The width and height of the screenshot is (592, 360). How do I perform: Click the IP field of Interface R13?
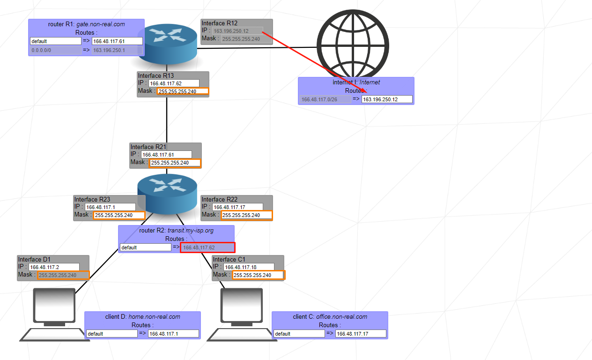pyautogui.click(x=174, y=83)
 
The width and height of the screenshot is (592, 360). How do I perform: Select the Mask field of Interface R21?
pyautogui.click(x=175, y=163)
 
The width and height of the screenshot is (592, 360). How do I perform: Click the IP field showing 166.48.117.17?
pyautogui.click(x=237, y=207)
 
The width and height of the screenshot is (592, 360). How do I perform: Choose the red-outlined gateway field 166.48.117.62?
pyautogui.click(x=207, y=247)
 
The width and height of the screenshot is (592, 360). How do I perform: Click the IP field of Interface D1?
pyautogui.click(x=54, y=267)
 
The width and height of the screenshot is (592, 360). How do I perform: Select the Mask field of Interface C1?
pyautogui.click(x=258, y=275)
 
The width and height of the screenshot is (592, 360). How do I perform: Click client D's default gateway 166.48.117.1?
pyautogui.click(x=173, y=334)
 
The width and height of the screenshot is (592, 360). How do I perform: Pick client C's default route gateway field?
pyautogui.click(x=361, y=334)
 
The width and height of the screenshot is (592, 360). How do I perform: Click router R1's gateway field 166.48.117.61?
pyautogui.click(x=117, y=41)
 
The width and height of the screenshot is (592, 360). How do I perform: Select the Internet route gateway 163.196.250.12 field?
pyautogui.click(x=387, y=99)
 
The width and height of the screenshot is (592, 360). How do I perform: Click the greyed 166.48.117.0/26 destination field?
pyautogui.click(x=325, y=99)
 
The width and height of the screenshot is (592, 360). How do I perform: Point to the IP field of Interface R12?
pyautogui.click(x=237, y=31)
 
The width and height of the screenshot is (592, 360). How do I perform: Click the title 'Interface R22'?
pyautogui.click(x=220, y=200)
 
